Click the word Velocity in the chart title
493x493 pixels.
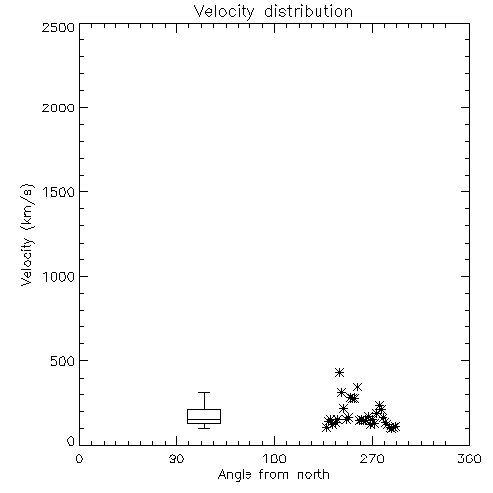coord(225,12)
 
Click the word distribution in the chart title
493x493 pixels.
coord(309,11)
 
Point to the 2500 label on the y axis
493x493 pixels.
coord(58,27)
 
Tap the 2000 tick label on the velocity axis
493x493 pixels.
coord(58,107)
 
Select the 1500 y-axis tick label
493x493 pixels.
coord(59,192)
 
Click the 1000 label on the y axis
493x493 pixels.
coord(59,276)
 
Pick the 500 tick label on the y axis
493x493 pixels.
coord(63,361)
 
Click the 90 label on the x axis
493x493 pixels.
coord(176,458)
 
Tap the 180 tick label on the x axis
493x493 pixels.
coord(274,458)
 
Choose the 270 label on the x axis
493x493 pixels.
coord(372,458)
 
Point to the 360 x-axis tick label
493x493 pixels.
coord(469,458)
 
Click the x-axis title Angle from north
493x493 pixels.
coord(274,475)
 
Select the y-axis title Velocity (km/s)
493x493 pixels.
coord(27,235)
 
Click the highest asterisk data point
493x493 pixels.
coord(339,372)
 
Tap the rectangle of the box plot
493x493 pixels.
coord(204,409)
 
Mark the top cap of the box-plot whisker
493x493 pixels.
coord(204,392)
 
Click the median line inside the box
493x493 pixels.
coord(204,419)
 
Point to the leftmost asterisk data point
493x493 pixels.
coord(326,427)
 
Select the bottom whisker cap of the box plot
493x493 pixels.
coord(204,428)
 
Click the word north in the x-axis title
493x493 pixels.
coord(314,474)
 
